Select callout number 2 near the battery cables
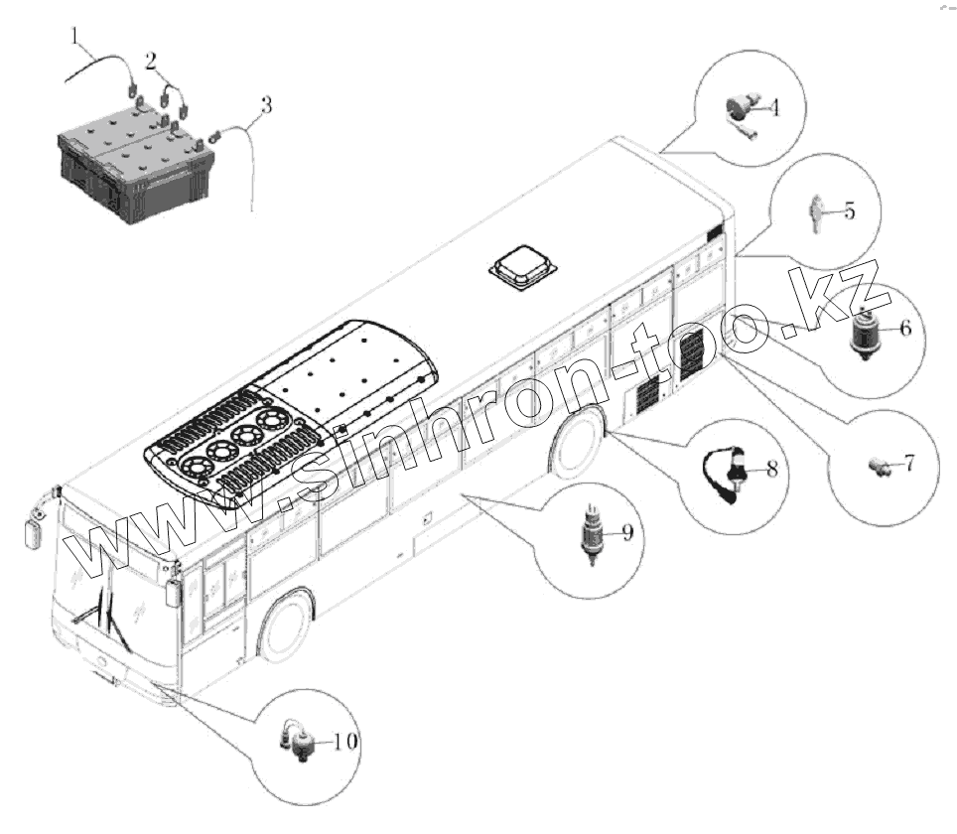tap(150, 60)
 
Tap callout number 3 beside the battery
tap(265, 103)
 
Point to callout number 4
tap(771, 106)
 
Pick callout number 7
tap(907, 463)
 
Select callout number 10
tap(346, 741)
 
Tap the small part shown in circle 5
tap(816, 210)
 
